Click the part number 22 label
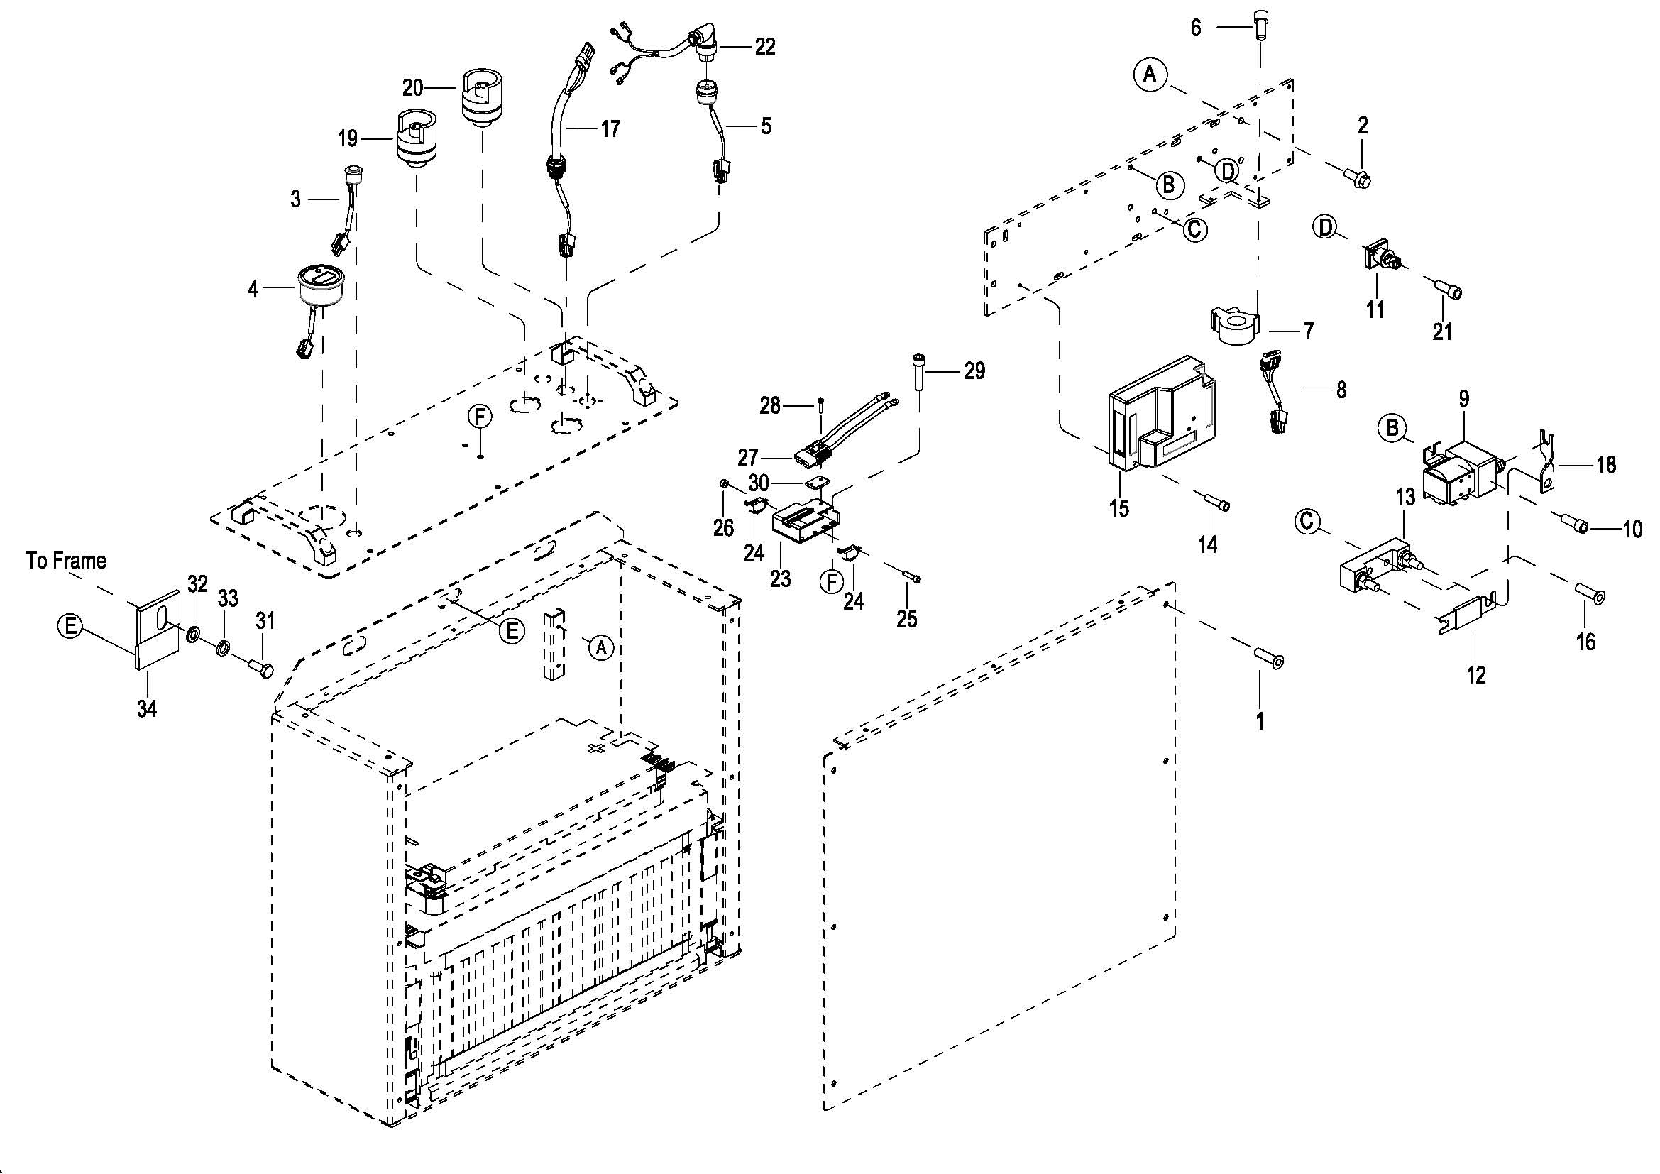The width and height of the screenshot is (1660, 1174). [x=765, y=47]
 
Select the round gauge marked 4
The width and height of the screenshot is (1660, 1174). [x=321, y=287]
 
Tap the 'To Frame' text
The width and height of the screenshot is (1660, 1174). [x=66, y=560]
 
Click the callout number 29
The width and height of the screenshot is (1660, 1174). [x=974, y=371]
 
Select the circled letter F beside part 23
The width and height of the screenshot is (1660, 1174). [x=832, y=581]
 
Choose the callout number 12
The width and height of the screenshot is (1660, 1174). [x=1475, y=674]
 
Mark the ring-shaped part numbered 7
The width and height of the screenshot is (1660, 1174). [x=1236, y=327]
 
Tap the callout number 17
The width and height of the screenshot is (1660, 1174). [x=610, y=128]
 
